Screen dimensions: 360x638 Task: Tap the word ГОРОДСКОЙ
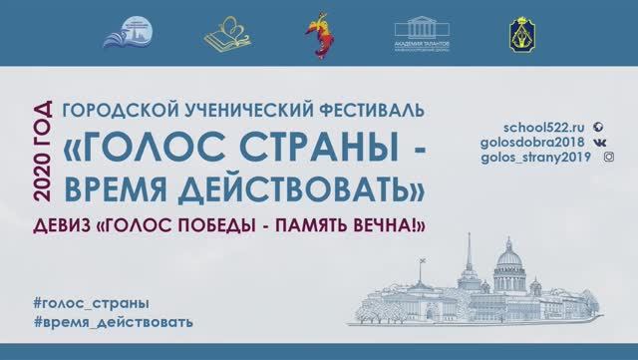(109, 106)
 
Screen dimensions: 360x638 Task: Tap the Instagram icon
(609, 157)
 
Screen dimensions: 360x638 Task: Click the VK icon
(598, 142)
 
